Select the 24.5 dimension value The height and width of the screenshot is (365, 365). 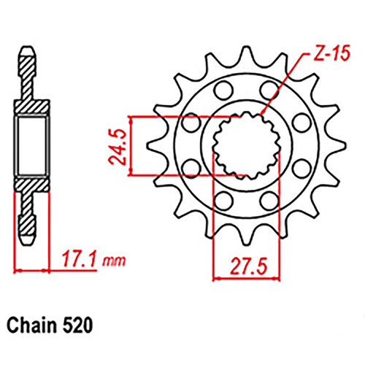coord(119,146)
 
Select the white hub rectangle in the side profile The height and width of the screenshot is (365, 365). coord(30,146)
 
